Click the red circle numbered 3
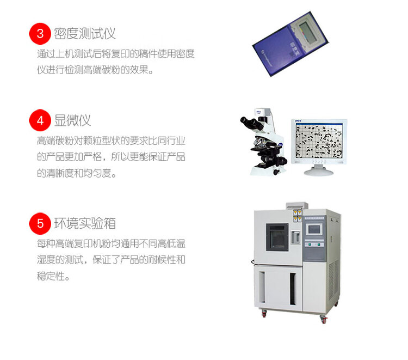[40, 33]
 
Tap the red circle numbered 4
[40, 120]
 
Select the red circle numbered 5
[40, 223]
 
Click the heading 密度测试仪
[85, 33]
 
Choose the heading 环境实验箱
[85, 223]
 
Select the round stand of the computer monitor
[320, 173]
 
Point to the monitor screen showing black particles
[320, 141]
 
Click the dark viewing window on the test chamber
[277, 237]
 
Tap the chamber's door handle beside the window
[295, 237]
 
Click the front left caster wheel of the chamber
[265, 314]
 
